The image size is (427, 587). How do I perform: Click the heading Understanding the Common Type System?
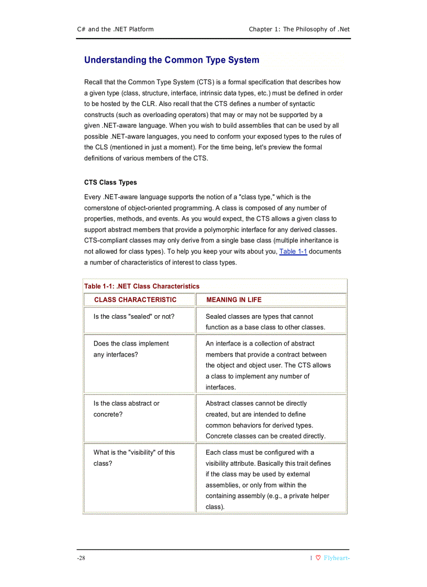(x=172, y=60)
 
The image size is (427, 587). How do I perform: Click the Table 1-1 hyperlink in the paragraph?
(x=293, y=251)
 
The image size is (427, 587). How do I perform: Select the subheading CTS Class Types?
(x=110, y=182)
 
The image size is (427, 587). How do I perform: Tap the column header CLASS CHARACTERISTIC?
(x=135, y=300)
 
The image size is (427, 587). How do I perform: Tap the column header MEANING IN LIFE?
(x=233, y=300)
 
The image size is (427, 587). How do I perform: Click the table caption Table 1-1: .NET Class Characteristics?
(x=142, y=286)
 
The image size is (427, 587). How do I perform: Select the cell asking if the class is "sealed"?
(x=134, y=317)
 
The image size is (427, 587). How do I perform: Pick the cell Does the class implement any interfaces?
(x=131, y=349)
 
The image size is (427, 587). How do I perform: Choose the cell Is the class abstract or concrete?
(x=127, y=409)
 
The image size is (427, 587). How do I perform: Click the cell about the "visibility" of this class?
(x=134, y=458)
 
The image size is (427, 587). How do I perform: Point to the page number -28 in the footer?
(x=81, y=558)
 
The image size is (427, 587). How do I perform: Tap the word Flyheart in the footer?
(x=335, y=558)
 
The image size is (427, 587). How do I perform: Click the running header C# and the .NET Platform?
(x=115, y=29)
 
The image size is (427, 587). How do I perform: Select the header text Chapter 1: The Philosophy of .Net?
(x=299, y=29)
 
